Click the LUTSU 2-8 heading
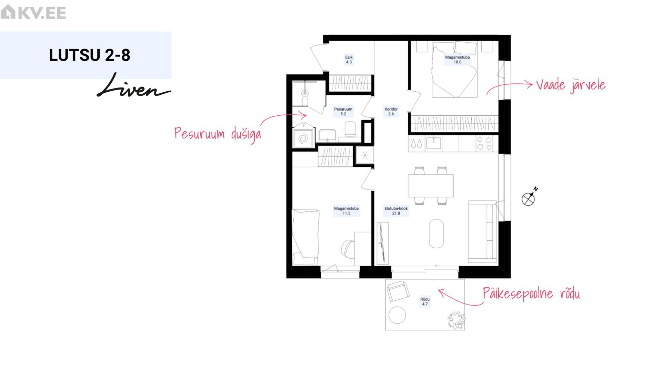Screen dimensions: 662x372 coord(90,55)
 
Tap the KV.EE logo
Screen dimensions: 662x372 coord(33,12)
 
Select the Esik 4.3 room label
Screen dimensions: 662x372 coord(349,60)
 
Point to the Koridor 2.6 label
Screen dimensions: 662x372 coord(391,111)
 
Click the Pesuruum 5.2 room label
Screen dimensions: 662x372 coord(343,111)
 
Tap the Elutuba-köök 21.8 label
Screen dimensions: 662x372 coord(396,211)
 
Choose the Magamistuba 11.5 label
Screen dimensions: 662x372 coord(346,211)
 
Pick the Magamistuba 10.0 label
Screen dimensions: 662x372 coord(457,60)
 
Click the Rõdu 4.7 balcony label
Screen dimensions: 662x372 coord(425,301)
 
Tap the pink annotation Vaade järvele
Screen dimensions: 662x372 coord(571,85)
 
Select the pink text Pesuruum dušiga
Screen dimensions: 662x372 coord(218,134)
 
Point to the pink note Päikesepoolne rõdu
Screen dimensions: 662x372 coord(531,294)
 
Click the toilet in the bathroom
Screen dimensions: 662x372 coord(350,129)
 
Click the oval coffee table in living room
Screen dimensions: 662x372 coord(436,234)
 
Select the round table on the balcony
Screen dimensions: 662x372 coord(397,315)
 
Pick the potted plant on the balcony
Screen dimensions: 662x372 coord(457,320)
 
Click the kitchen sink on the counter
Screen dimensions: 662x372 coord(433,143)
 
